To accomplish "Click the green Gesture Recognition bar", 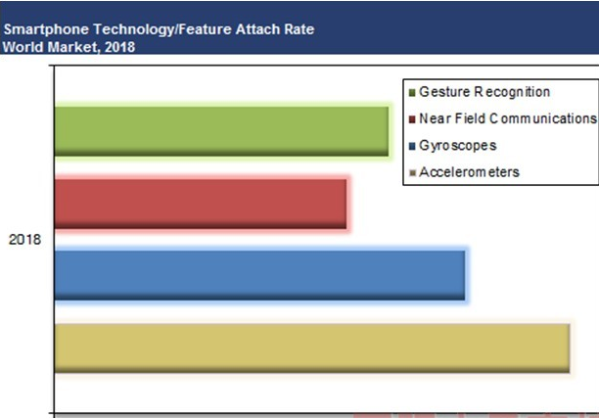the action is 221,131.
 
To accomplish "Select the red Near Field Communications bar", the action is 201,204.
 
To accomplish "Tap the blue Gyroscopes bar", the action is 259,275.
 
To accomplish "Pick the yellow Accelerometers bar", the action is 312,348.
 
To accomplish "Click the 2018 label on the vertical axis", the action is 24,240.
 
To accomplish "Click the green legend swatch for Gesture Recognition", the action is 412,93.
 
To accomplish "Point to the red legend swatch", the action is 412,119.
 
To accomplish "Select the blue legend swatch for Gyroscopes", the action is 412,146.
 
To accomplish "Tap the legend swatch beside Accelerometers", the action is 412,173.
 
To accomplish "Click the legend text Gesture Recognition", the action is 484,92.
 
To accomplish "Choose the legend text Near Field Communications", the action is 508,118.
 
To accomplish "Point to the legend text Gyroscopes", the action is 458,146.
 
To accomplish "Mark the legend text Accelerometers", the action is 469,172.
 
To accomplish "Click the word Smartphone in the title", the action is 46,29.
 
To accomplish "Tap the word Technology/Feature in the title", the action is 162,29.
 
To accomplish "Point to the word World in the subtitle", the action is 23,47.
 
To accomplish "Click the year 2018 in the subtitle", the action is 119,47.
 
